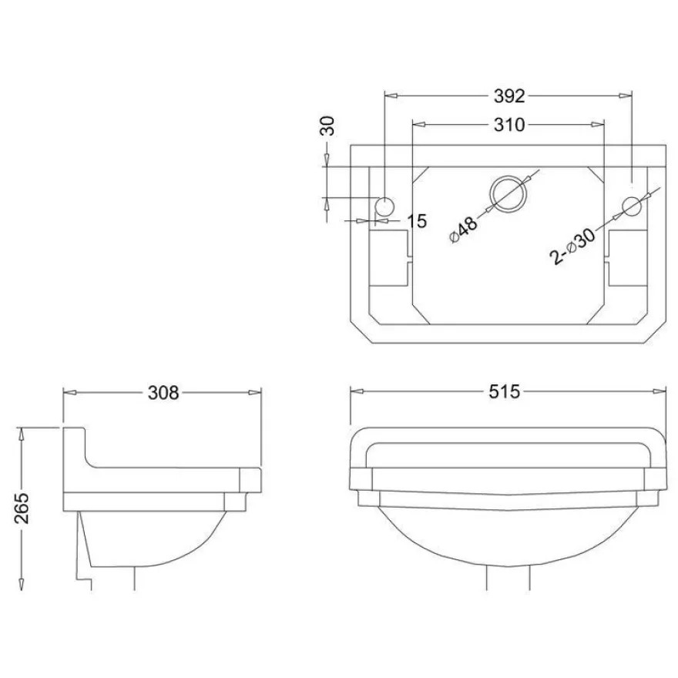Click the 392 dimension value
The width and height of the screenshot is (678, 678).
509,96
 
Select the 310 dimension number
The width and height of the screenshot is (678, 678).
509,125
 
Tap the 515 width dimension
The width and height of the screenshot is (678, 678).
504,391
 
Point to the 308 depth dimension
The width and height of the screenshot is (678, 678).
163,393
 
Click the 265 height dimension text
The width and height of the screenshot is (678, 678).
22,508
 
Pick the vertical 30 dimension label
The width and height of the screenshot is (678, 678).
327,126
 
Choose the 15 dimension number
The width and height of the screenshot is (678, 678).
417,221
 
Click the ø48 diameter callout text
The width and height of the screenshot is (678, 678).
464,230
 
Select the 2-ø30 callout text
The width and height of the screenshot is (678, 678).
572,246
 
